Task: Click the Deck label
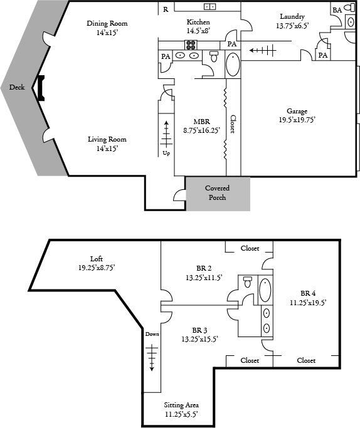tap(17, 87)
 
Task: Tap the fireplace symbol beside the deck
tap(41, 88)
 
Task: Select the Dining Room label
tap(107, 23)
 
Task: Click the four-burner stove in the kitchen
tap(191, 44)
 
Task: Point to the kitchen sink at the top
tap(209, 7)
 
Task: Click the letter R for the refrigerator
tap(166, 9)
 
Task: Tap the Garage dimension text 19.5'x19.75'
tap(297, 120)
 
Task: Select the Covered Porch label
tap(218, 193)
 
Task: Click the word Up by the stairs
tap(166, 153)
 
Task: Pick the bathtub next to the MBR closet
tap(233, 65)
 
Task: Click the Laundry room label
tap(292, 17)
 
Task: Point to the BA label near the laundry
tap(337, 10)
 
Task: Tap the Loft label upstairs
tap(97, 259)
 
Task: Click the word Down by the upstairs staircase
tap(152, 334)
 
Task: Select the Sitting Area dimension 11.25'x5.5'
tap(181, 414)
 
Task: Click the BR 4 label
tap(308, 293)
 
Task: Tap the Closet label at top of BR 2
tap(250, 248)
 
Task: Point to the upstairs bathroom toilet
tap(248, 282)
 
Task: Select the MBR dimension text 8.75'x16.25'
tap(201, 130)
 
